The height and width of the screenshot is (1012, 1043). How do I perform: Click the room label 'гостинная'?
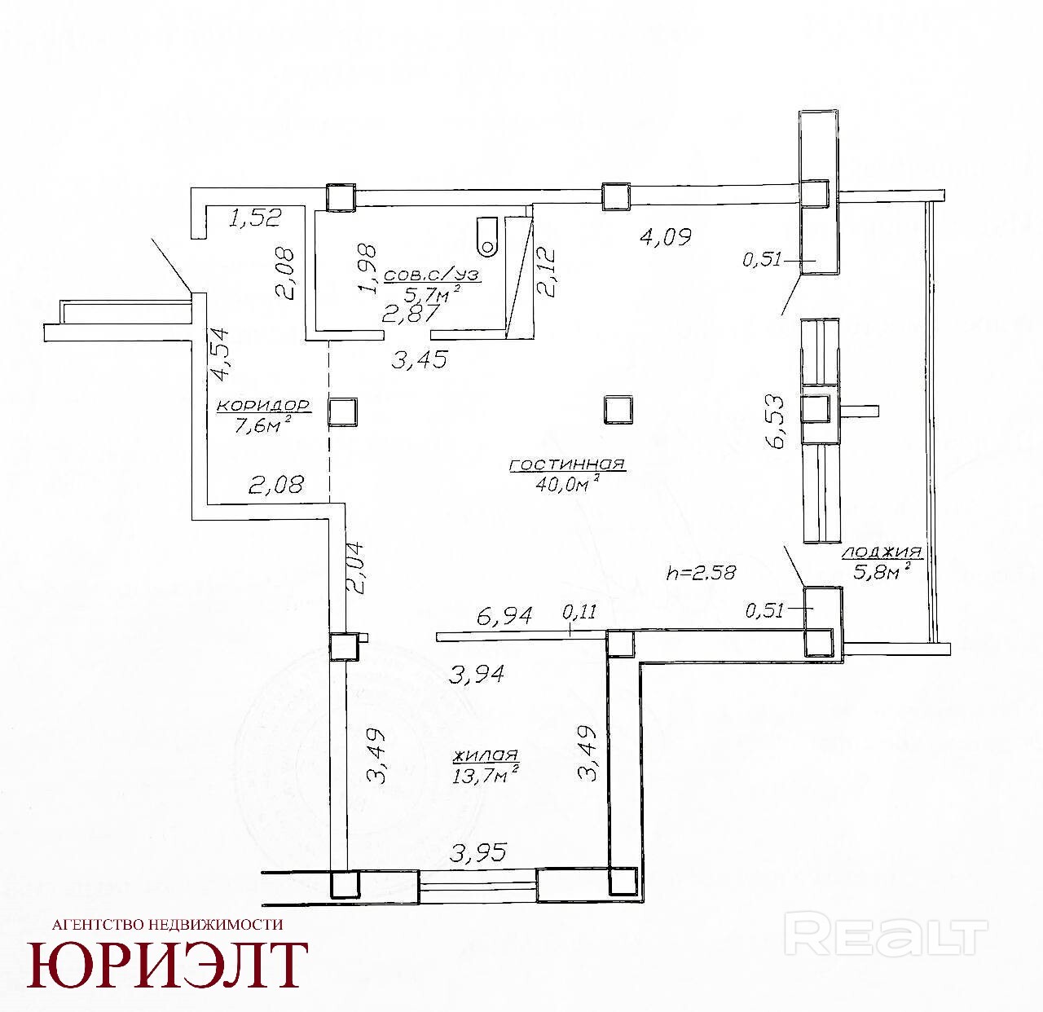567,464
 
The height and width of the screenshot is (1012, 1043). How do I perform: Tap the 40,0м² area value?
566,483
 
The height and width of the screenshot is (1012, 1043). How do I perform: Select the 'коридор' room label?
264,406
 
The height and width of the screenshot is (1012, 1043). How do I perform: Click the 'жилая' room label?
486,755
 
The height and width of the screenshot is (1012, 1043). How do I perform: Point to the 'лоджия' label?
882,552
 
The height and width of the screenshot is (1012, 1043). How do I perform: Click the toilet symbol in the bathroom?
487,235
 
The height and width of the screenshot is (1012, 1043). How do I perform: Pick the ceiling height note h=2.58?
701,573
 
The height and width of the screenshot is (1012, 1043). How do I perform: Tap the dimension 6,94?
504,617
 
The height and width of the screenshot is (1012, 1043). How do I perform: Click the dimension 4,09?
667,235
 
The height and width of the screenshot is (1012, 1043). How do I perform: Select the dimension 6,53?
775,420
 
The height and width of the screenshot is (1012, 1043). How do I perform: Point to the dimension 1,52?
254,218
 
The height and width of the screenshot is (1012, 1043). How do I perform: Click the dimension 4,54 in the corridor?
220,354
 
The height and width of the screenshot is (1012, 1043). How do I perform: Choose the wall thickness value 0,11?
579,611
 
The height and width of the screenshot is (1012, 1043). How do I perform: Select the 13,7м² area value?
486,776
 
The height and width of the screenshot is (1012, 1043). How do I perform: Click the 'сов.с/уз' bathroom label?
433,275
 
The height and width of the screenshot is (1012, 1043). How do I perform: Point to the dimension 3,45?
420,359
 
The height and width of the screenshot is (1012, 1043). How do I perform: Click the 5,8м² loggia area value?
882,572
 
